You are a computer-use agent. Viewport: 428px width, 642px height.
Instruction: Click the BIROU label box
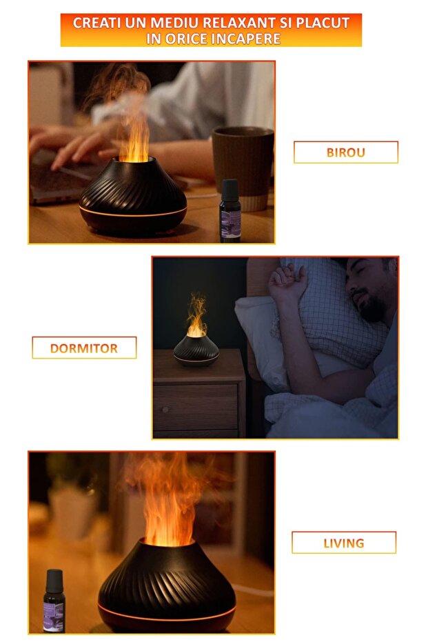(345, 152)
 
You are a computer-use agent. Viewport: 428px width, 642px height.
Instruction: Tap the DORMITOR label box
(84, 348)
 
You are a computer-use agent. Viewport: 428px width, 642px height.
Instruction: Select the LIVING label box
(343, 543)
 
